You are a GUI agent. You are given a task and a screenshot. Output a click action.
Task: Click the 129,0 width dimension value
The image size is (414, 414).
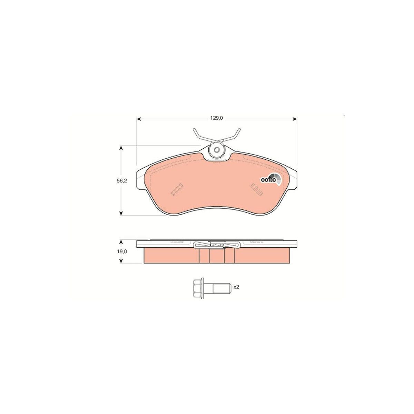pos(217,118)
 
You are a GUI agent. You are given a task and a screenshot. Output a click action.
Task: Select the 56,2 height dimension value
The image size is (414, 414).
pos(122,181)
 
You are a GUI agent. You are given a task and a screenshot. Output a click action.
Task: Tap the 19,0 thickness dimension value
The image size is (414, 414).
pos(122,252)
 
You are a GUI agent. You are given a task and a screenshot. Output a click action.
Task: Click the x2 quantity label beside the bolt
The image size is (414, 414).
pos(236,287)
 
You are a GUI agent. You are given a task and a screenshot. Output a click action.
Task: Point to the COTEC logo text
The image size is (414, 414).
pos(268,180)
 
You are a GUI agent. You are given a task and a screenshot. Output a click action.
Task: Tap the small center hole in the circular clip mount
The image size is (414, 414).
pos(217,150)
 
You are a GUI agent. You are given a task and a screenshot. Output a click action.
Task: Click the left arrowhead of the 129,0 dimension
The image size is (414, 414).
pos(139,119)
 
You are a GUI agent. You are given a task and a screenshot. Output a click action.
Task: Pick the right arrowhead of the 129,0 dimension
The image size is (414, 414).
pos(295,119)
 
